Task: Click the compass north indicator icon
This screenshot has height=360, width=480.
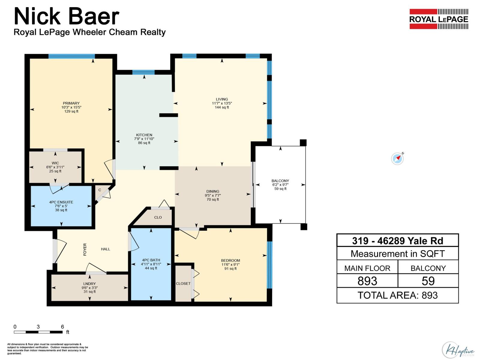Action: click(397, 158)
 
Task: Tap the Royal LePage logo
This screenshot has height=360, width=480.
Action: click(439, 19)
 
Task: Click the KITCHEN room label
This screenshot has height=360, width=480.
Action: click(144, 135)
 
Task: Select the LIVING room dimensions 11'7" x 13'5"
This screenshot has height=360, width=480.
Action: click(222, 103)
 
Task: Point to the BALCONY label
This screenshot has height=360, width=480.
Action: click(280, 181)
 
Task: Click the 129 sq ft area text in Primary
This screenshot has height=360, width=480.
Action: click(71, 111)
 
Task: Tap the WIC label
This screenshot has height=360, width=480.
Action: click(55, 163)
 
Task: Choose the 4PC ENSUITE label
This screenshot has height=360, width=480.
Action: click(61, 202)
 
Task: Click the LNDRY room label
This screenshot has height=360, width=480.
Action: click(89, 283)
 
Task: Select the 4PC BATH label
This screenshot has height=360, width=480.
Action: click(151, 260)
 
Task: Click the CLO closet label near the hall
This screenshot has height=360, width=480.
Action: click(158, 217)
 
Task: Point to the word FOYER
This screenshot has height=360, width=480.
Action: click(85, 249)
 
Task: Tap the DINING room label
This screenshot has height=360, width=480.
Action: click(213, 191)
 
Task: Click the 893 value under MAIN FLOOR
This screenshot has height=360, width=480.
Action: click(367, 281)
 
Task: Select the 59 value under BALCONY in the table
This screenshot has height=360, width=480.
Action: click(428, 281)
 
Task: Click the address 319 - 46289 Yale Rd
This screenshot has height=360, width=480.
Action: click(397, 241)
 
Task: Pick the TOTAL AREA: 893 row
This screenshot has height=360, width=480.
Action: click(397, 295)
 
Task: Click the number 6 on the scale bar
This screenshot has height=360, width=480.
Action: click(62, 327)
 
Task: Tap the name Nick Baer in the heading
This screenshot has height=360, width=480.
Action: click(67, 16)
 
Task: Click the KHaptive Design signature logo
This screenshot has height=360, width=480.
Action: click(458, 350)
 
